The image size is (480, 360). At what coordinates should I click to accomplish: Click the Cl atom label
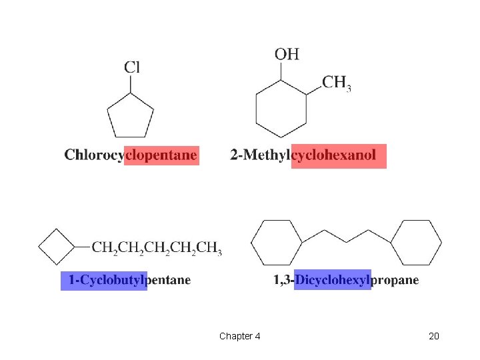[132, 67]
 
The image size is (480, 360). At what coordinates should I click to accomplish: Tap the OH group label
[287, 53]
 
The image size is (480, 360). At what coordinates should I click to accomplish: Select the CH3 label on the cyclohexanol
[337, 83]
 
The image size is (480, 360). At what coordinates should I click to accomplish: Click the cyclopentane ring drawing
[131, 116]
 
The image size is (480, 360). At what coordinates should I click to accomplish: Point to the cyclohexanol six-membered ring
[281, 109]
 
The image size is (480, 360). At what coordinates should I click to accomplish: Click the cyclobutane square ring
[57, 247]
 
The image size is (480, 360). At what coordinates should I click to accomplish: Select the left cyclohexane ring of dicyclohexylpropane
[276, 243]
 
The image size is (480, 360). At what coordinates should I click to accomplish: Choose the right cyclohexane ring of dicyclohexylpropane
[417, 243]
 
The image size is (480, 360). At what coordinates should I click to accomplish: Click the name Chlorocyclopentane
[131, 155]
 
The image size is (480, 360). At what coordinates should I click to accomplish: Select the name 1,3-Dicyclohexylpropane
[346, 280]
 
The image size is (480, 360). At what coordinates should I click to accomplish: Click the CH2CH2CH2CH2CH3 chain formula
[157, 249]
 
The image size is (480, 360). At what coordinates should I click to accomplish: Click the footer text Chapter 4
[239, 336]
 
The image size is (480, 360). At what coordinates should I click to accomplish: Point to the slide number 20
[434, 336]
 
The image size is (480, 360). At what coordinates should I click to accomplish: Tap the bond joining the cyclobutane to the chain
[83, 247]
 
